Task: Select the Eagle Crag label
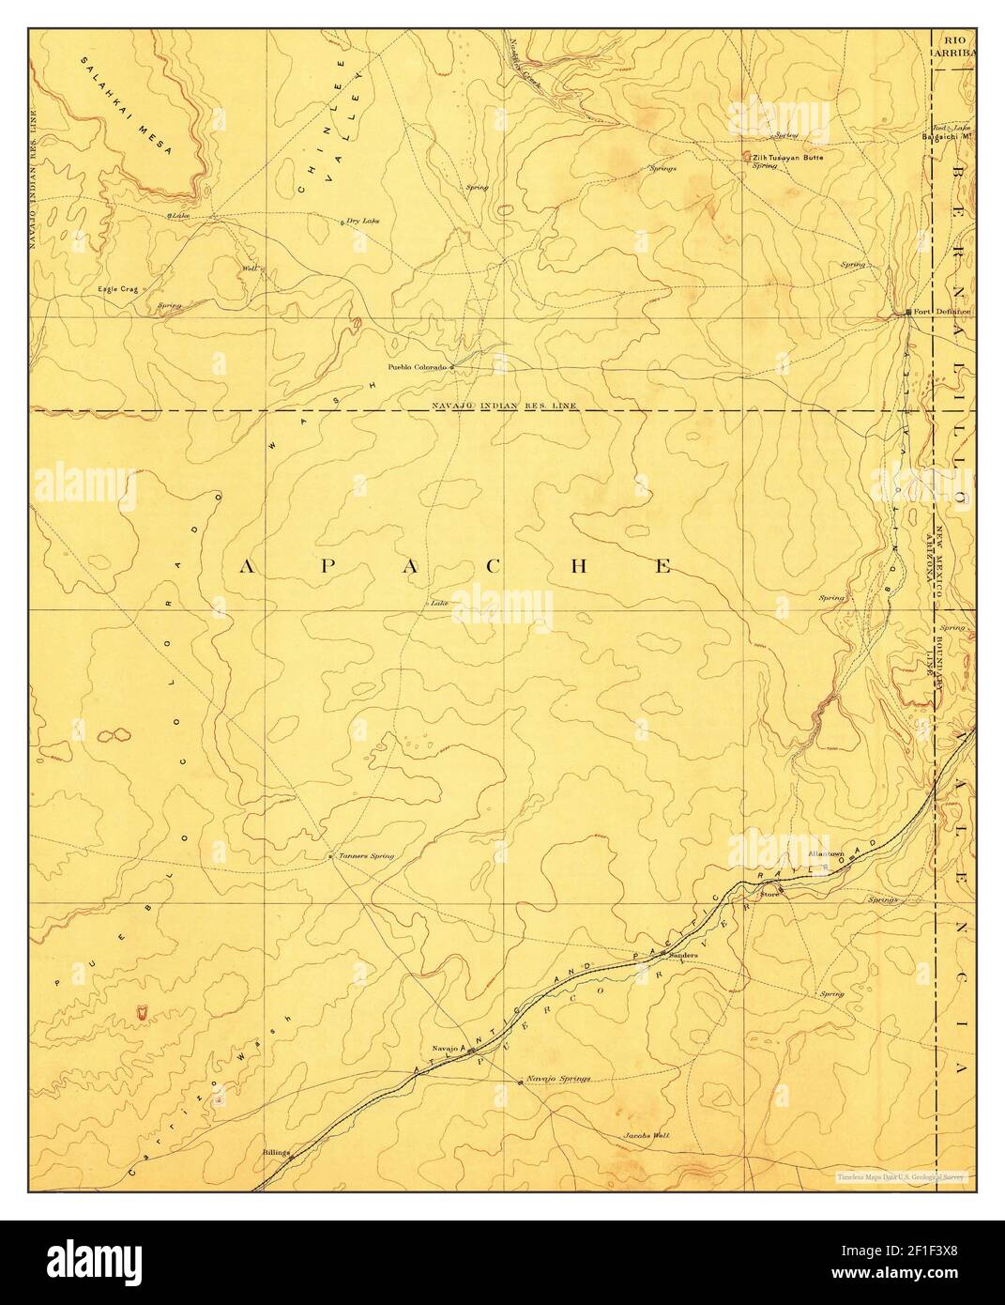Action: click(x=117, y=290)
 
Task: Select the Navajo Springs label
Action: click(x=559, y=1079)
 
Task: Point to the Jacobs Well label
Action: click(x=647, y=1135)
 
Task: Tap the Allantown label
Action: click(x=827, y=853)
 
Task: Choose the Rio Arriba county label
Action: click(x=955, y=47)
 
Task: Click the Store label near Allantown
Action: click(x=769, y=894)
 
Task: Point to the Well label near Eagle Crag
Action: click(x=250, y=269)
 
